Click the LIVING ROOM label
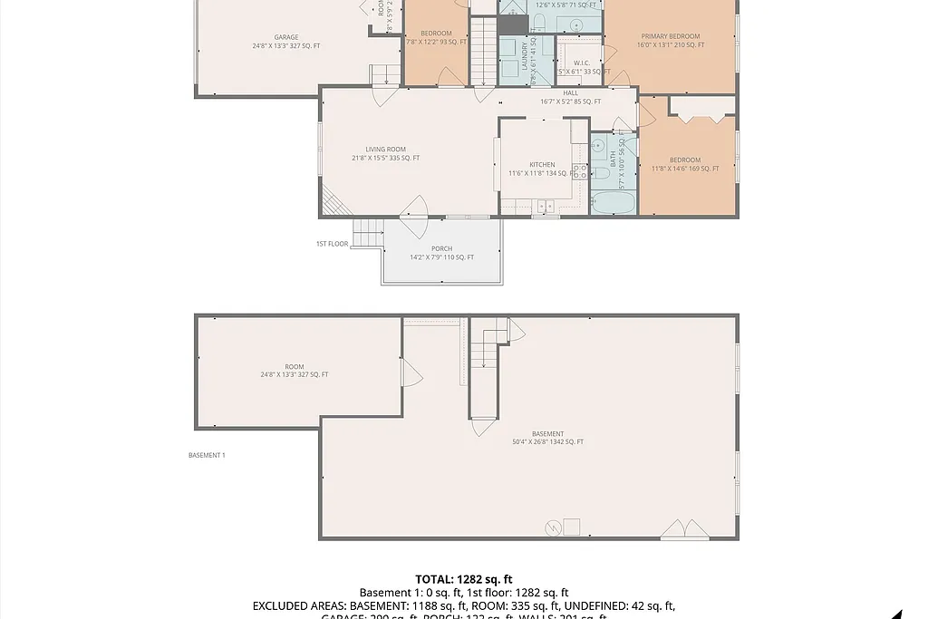[385, 150]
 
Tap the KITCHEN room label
[542, 165]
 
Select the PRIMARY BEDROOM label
[670, 37]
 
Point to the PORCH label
[441, 249]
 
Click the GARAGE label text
[261, 38]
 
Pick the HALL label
[570, 92]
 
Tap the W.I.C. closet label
[582, 63]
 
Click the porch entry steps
[368, 233]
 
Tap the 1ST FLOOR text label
[332, 244]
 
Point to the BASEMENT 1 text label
[207, 455]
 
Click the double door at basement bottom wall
[685, 530]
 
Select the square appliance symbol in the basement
[571, 527]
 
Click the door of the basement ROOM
[410, 372]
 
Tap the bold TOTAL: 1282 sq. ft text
[463, 579]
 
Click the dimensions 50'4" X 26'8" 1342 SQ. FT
[547, 442]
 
